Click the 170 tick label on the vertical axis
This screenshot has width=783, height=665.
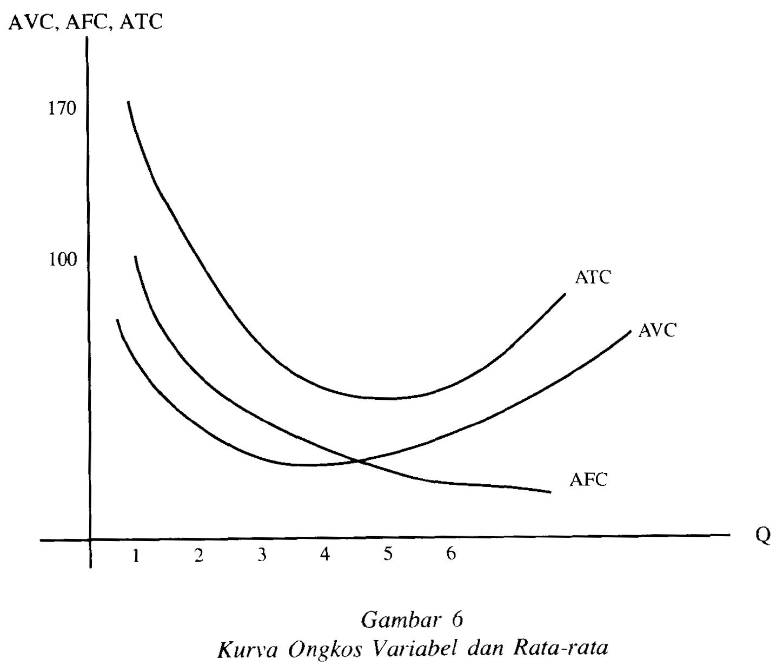63,109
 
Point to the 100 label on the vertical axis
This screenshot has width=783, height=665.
63,260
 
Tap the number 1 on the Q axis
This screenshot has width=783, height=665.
136,555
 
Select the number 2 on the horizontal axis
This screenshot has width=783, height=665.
199,555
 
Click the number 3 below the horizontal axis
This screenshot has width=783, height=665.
262,555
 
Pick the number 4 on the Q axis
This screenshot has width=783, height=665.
324,555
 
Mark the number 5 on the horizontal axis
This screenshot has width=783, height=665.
388,554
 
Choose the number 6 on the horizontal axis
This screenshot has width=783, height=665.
450,554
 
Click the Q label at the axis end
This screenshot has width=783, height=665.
763,535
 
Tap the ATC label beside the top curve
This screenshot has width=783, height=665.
593,278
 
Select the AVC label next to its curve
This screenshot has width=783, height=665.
657,330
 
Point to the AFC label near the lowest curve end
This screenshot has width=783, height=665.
588,479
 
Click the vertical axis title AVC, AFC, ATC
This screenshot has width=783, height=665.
85,22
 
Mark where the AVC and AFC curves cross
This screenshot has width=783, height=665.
357,461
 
